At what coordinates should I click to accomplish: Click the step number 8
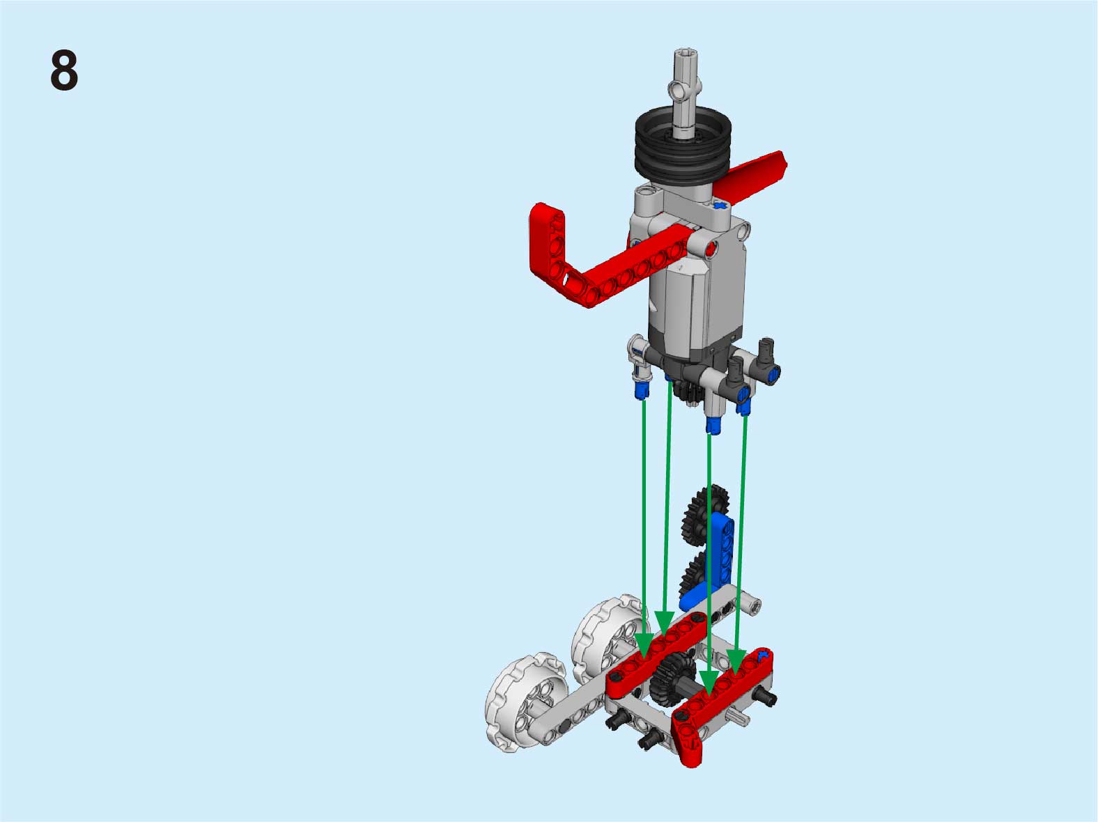(64, 70)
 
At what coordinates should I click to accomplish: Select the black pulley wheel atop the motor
(683, 145)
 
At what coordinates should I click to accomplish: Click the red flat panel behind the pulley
(750, 178)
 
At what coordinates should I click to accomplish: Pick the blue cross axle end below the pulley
(720, 205)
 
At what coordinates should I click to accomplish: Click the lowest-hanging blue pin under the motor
(713, 426)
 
